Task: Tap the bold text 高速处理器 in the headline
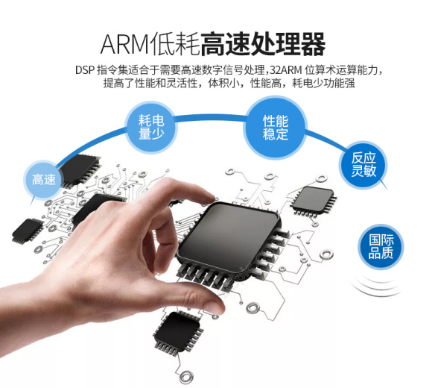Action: pyautogui.click(x=263, y=44)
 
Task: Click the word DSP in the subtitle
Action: pyautogui.click(x=85, y=70)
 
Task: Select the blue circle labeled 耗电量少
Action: pyautogui.click(x=151, y=127)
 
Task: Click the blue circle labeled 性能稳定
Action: pyautogui.click(x=276, y=128)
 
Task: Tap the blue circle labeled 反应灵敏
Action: pyautogui.click(x=363, y=165)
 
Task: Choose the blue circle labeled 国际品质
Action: pyautogui.click(x=381, y=246)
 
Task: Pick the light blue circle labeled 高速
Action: pyautogui.click(x=43, y=180)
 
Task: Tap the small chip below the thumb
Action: pyautogui.click(x=179, y=333)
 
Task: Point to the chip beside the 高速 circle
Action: pyautogui.click(x=80, y=169)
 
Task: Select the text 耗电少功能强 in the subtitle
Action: pyautogui.click(x=323, y=83)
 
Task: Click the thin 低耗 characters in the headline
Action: pyautogui.click(x=175, y=44)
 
